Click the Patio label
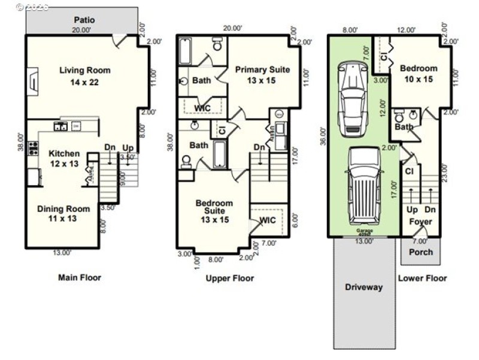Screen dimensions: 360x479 click(x=84, y=20)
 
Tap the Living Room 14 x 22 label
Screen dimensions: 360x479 click(x=84, y=76)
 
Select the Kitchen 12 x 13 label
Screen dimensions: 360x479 click(x=63, y=159)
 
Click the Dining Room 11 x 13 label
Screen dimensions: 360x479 click(x=63, y=214)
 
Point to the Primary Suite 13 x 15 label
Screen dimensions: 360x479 click(x=262, y=75)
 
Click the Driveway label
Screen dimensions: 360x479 click(x=363, y=287)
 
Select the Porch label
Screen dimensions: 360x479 click(x=420, y=252)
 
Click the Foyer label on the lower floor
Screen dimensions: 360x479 click(x=420, y=222)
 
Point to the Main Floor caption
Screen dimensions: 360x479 click(x=80, y=277)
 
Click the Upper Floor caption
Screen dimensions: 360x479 click(x=230, y=278)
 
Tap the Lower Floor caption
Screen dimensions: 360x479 click(x=423, y=278)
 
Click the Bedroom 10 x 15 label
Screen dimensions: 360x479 click(x=419, y=74)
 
